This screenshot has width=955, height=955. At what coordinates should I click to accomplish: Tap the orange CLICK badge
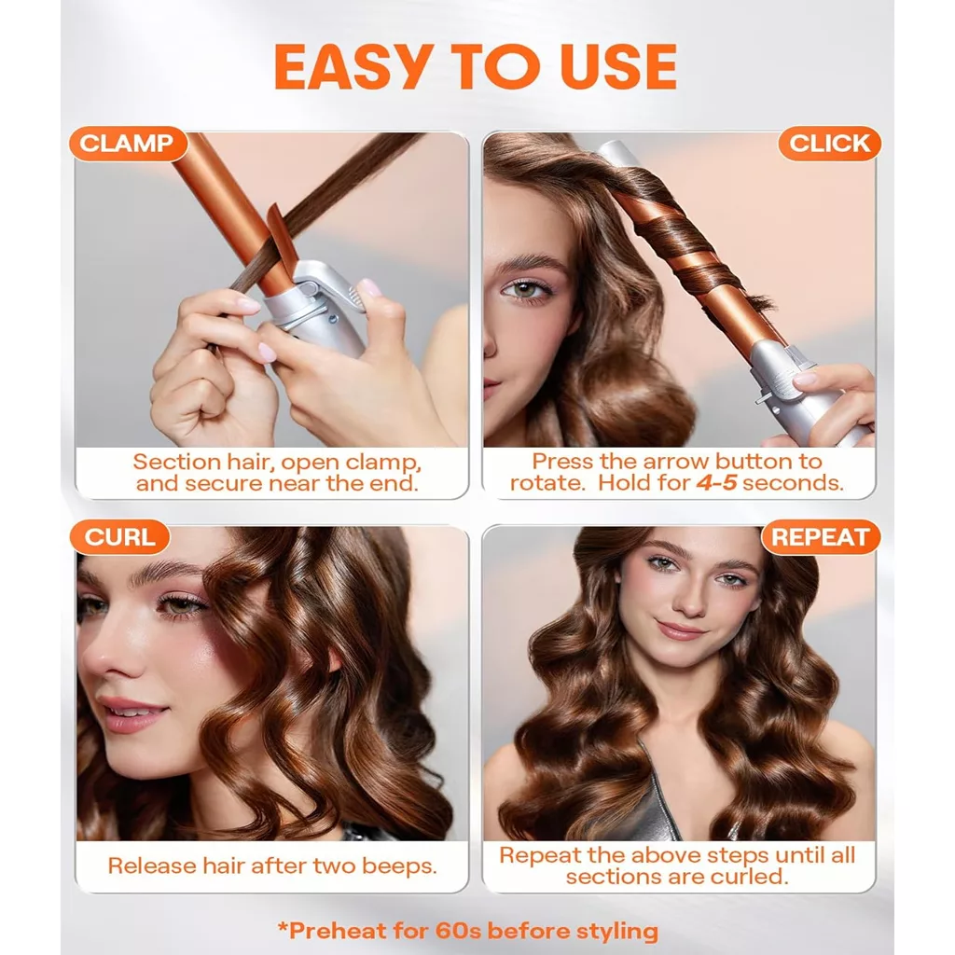[829, 144]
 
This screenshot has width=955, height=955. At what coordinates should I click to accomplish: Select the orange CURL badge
[120, 537]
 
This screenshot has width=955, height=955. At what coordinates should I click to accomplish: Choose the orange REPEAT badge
[821, 537]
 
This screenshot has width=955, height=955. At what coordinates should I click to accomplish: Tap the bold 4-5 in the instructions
[717, 483]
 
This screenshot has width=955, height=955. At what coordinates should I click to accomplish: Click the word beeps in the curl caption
[399, 866]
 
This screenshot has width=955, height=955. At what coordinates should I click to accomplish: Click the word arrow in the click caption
[677, 462]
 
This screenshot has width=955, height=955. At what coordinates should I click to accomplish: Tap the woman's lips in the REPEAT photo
[681, 630]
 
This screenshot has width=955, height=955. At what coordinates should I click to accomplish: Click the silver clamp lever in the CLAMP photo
[329, 292]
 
